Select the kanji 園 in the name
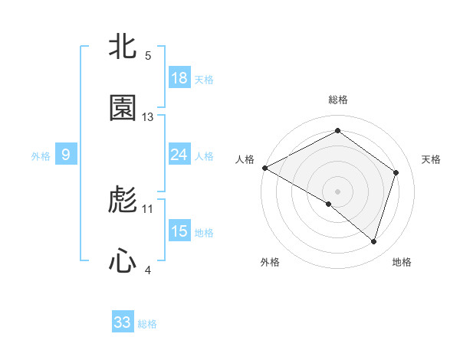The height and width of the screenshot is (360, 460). (123, 109)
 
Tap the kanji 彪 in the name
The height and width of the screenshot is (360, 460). (123, 201)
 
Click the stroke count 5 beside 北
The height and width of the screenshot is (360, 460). (148, 56)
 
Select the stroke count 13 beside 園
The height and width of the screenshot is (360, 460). (148, 116)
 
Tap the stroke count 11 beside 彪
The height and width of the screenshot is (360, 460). (148, 208)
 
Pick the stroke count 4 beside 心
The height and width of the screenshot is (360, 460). (148, 269)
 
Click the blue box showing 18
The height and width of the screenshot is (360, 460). (179, 78)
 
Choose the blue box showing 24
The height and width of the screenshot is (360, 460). (179, 155)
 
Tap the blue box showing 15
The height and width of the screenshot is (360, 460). (179, 231)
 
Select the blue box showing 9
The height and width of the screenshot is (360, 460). (66, 155)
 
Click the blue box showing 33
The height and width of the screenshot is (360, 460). (123, 322)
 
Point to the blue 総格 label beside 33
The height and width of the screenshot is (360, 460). (148, 324)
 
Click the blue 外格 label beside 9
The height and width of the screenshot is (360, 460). (41, 156)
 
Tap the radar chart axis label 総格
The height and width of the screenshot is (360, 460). (338, 100)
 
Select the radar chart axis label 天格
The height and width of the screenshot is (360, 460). (431, 159)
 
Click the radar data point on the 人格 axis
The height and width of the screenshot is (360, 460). (264, 168)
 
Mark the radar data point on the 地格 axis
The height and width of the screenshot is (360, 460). (374, 242)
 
